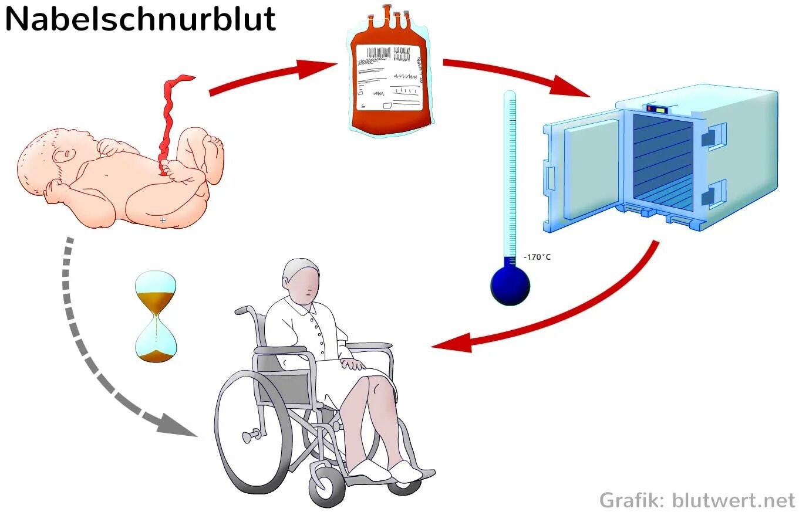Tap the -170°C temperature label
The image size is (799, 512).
(537, 257)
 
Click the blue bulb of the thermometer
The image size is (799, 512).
(510, 286)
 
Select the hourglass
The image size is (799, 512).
(156, 317)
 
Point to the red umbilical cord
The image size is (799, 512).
(168, 123)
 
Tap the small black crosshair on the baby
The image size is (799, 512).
(163, 220)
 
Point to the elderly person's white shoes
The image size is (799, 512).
(385, 470)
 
